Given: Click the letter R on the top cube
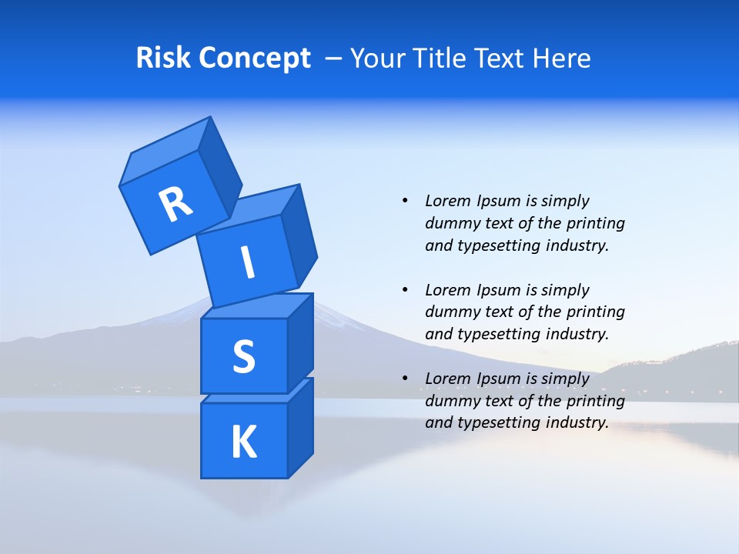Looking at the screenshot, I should [x=176, y=204].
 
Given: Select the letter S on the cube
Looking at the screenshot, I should [x=243, y=357].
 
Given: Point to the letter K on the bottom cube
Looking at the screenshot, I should [x=243, y=442].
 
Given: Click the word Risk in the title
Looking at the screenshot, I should [x=163, y=58].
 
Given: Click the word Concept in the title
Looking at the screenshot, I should [x=255, y=58].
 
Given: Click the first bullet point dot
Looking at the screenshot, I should [x=405, y=201].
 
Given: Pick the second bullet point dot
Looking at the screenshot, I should [x=405, y=290].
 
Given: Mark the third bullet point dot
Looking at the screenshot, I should [x=405, y=379].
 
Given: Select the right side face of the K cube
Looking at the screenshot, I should [x=301, y=427].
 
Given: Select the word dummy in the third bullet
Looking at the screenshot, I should [x=450, y=401].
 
